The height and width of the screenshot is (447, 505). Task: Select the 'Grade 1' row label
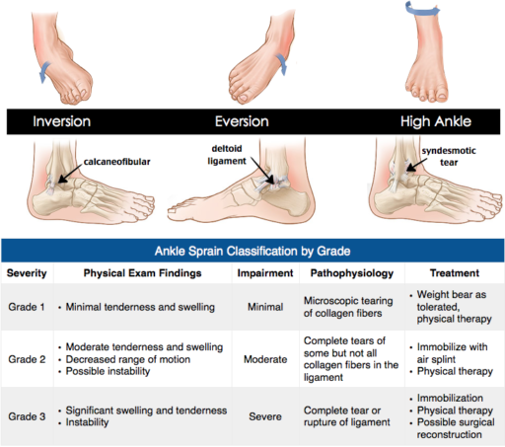tap(28, 307)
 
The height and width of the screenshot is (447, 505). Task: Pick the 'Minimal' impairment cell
tap(264, 307)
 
